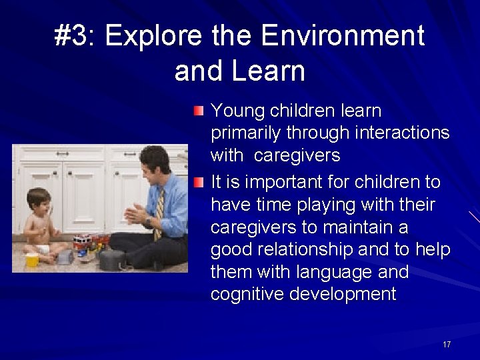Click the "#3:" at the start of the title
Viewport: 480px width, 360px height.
pyautogui.click(x=75, y=36)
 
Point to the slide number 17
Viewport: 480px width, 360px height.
pyautogui.click(x=447, y=344)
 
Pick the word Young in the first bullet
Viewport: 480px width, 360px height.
pyautogui.click(x=235, y=111)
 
